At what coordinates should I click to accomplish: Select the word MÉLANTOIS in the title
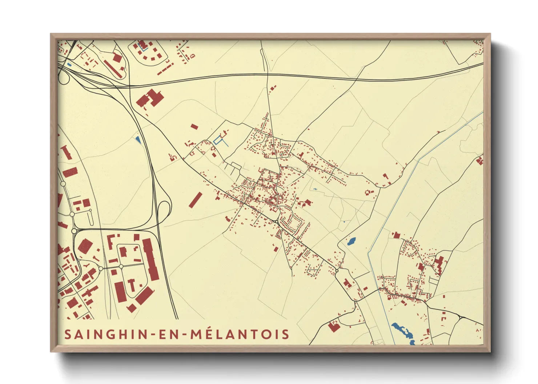[240, 334]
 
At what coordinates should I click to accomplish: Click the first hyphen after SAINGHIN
[153, 335]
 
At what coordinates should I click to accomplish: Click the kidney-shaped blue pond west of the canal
[352, 241]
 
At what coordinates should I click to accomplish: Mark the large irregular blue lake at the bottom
[403, 332]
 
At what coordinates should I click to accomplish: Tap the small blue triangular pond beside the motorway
[137, 139]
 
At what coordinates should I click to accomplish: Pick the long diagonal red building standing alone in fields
[195, 200]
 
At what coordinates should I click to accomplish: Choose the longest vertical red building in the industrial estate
[150, 259]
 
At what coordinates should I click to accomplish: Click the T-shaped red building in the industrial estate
[132, 285]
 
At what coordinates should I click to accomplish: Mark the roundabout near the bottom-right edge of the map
[460, 318]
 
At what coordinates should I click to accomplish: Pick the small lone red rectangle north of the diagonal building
[194, 126]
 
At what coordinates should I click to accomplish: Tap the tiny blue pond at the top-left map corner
[69, 65]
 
